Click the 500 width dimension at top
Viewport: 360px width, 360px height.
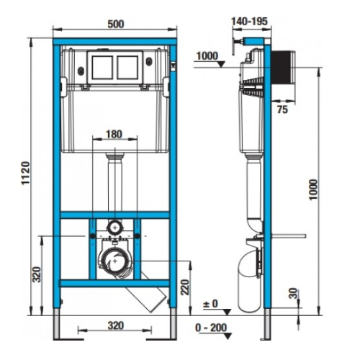pos(116,22)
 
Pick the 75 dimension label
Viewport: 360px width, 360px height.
pos(282,111)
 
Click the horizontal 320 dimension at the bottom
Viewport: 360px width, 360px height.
pos(116,324)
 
